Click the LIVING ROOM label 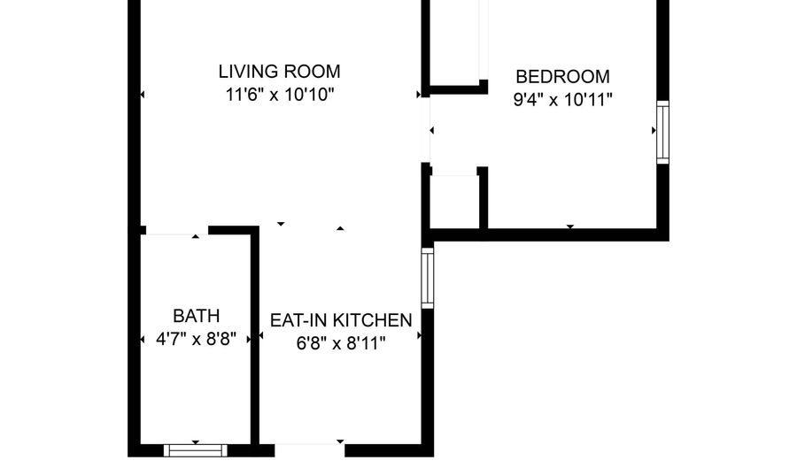[280, 72]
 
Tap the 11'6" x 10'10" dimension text [280, 93]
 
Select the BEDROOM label [562, 76]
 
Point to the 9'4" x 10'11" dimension [563, 99]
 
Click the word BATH [196, 316]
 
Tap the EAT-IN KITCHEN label [341, 320]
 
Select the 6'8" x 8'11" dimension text [341, 343]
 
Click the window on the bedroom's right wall [662, 133]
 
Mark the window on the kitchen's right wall [428, 278]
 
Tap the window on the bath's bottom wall [196, 449]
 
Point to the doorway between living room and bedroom [428, 130]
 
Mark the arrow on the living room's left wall [142, 94]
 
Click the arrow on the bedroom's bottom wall [569, 227]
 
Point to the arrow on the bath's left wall [144, 340]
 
